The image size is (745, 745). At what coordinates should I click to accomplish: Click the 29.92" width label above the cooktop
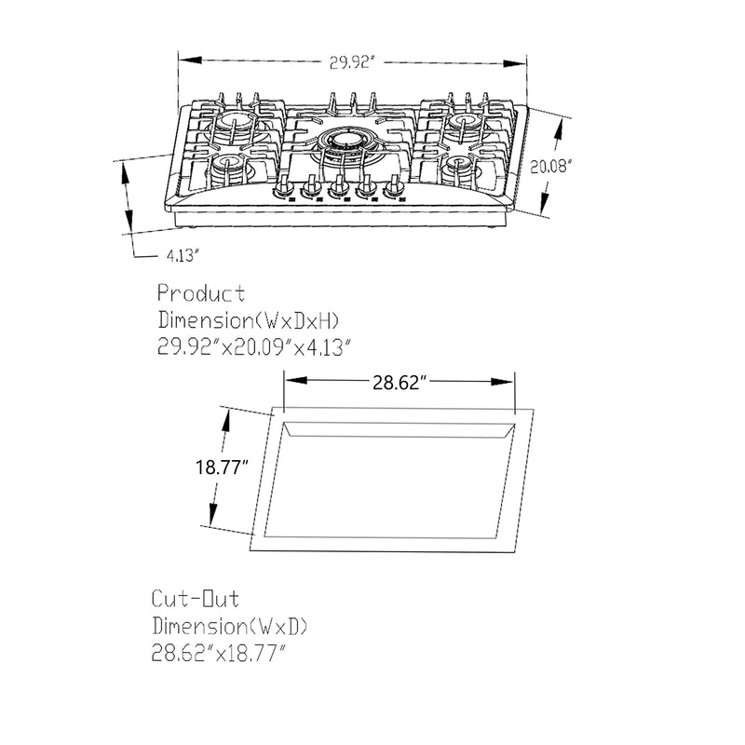(x=350, y=62)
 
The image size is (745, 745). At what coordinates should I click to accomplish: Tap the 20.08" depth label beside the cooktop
(x=550, y=168)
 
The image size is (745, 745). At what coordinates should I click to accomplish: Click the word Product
(x=202, y=294)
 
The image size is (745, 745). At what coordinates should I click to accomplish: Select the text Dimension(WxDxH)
(x=249, y=320)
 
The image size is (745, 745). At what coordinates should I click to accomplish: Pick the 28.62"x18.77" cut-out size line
(x=218, y=653)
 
